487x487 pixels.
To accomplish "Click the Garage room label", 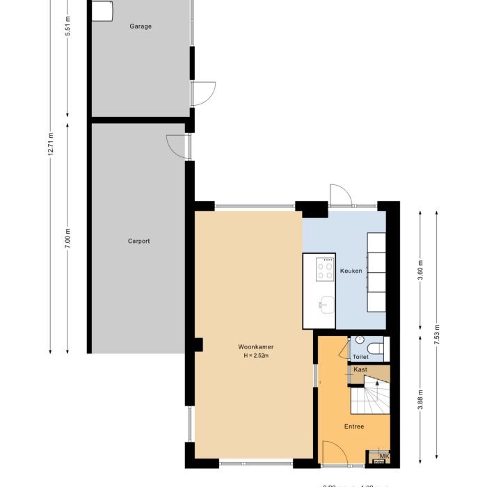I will tap(140, 26).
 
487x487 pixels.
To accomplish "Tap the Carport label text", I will tap(138, 241).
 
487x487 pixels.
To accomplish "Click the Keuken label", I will tap(351, 271).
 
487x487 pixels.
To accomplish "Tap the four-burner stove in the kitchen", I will tap(324, 269).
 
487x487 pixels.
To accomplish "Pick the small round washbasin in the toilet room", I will tap(359, 340).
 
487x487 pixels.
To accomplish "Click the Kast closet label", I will tap(360, 369).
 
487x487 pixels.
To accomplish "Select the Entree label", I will tap(354, 426).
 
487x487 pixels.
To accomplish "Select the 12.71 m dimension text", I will tap(51, 145).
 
